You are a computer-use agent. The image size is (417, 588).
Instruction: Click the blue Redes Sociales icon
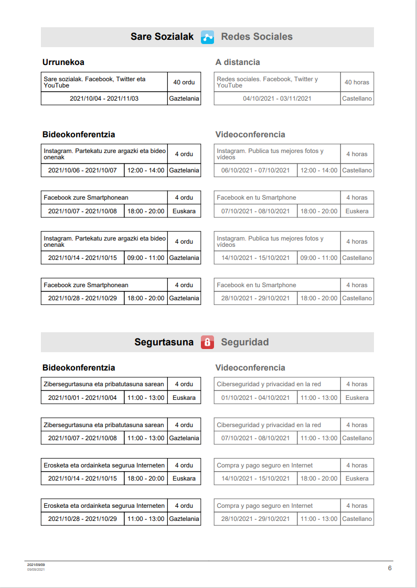click(x=207, y=37)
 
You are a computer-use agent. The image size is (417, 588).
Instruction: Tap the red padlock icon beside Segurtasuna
click(x=207, y=343)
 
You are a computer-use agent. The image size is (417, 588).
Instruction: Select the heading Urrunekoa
click(x=63, y=62)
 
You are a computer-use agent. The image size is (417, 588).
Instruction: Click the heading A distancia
click(x=238, y=62)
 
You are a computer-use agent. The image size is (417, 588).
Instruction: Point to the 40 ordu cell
click(x=184, y=82)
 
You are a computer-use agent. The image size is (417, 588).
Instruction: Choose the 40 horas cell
click(x=357, y=82)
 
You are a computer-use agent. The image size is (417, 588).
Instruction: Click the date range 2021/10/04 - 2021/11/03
click(x=104, y=99)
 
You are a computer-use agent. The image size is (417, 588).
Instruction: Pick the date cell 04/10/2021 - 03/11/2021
click(x=277, y=99)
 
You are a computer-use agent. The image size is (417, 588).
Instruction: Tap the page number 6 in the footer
click(x=390, y=568)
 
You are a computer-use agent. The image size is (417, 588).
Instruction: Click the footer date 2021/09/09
click(x=36, y=565)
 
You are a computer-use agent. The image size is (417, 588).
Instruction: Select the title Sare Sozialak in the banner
click(x=162, y=37)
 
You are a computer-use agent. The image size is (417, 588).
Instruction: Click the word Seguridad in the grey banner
click(x=245, y=342)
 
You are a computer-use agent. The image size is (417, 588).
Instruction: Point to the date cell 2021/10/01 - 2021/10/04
click(x=82, y=398)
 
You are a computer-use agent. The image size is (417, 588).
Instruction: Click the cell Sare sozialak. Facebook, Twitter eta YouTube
click(x=104, y=82)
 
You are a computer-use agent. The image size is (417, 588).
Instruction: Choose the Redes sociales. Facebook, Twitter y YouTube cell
click(x=277, y=82)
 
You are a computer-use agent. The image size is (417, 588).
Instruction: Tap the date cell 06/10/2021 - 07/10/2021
click(x=255, y=170)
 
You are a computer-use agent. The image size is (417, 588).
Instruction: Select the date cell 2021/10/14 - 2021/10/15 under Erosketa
click(x=82, y=478)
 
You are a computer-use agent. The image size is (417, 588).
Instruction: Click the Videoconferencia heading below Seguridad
click(x=250, y=368)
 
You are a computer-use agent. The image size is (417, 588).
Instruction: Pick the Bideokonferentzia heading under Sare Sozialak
click(x=79, y=135)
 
